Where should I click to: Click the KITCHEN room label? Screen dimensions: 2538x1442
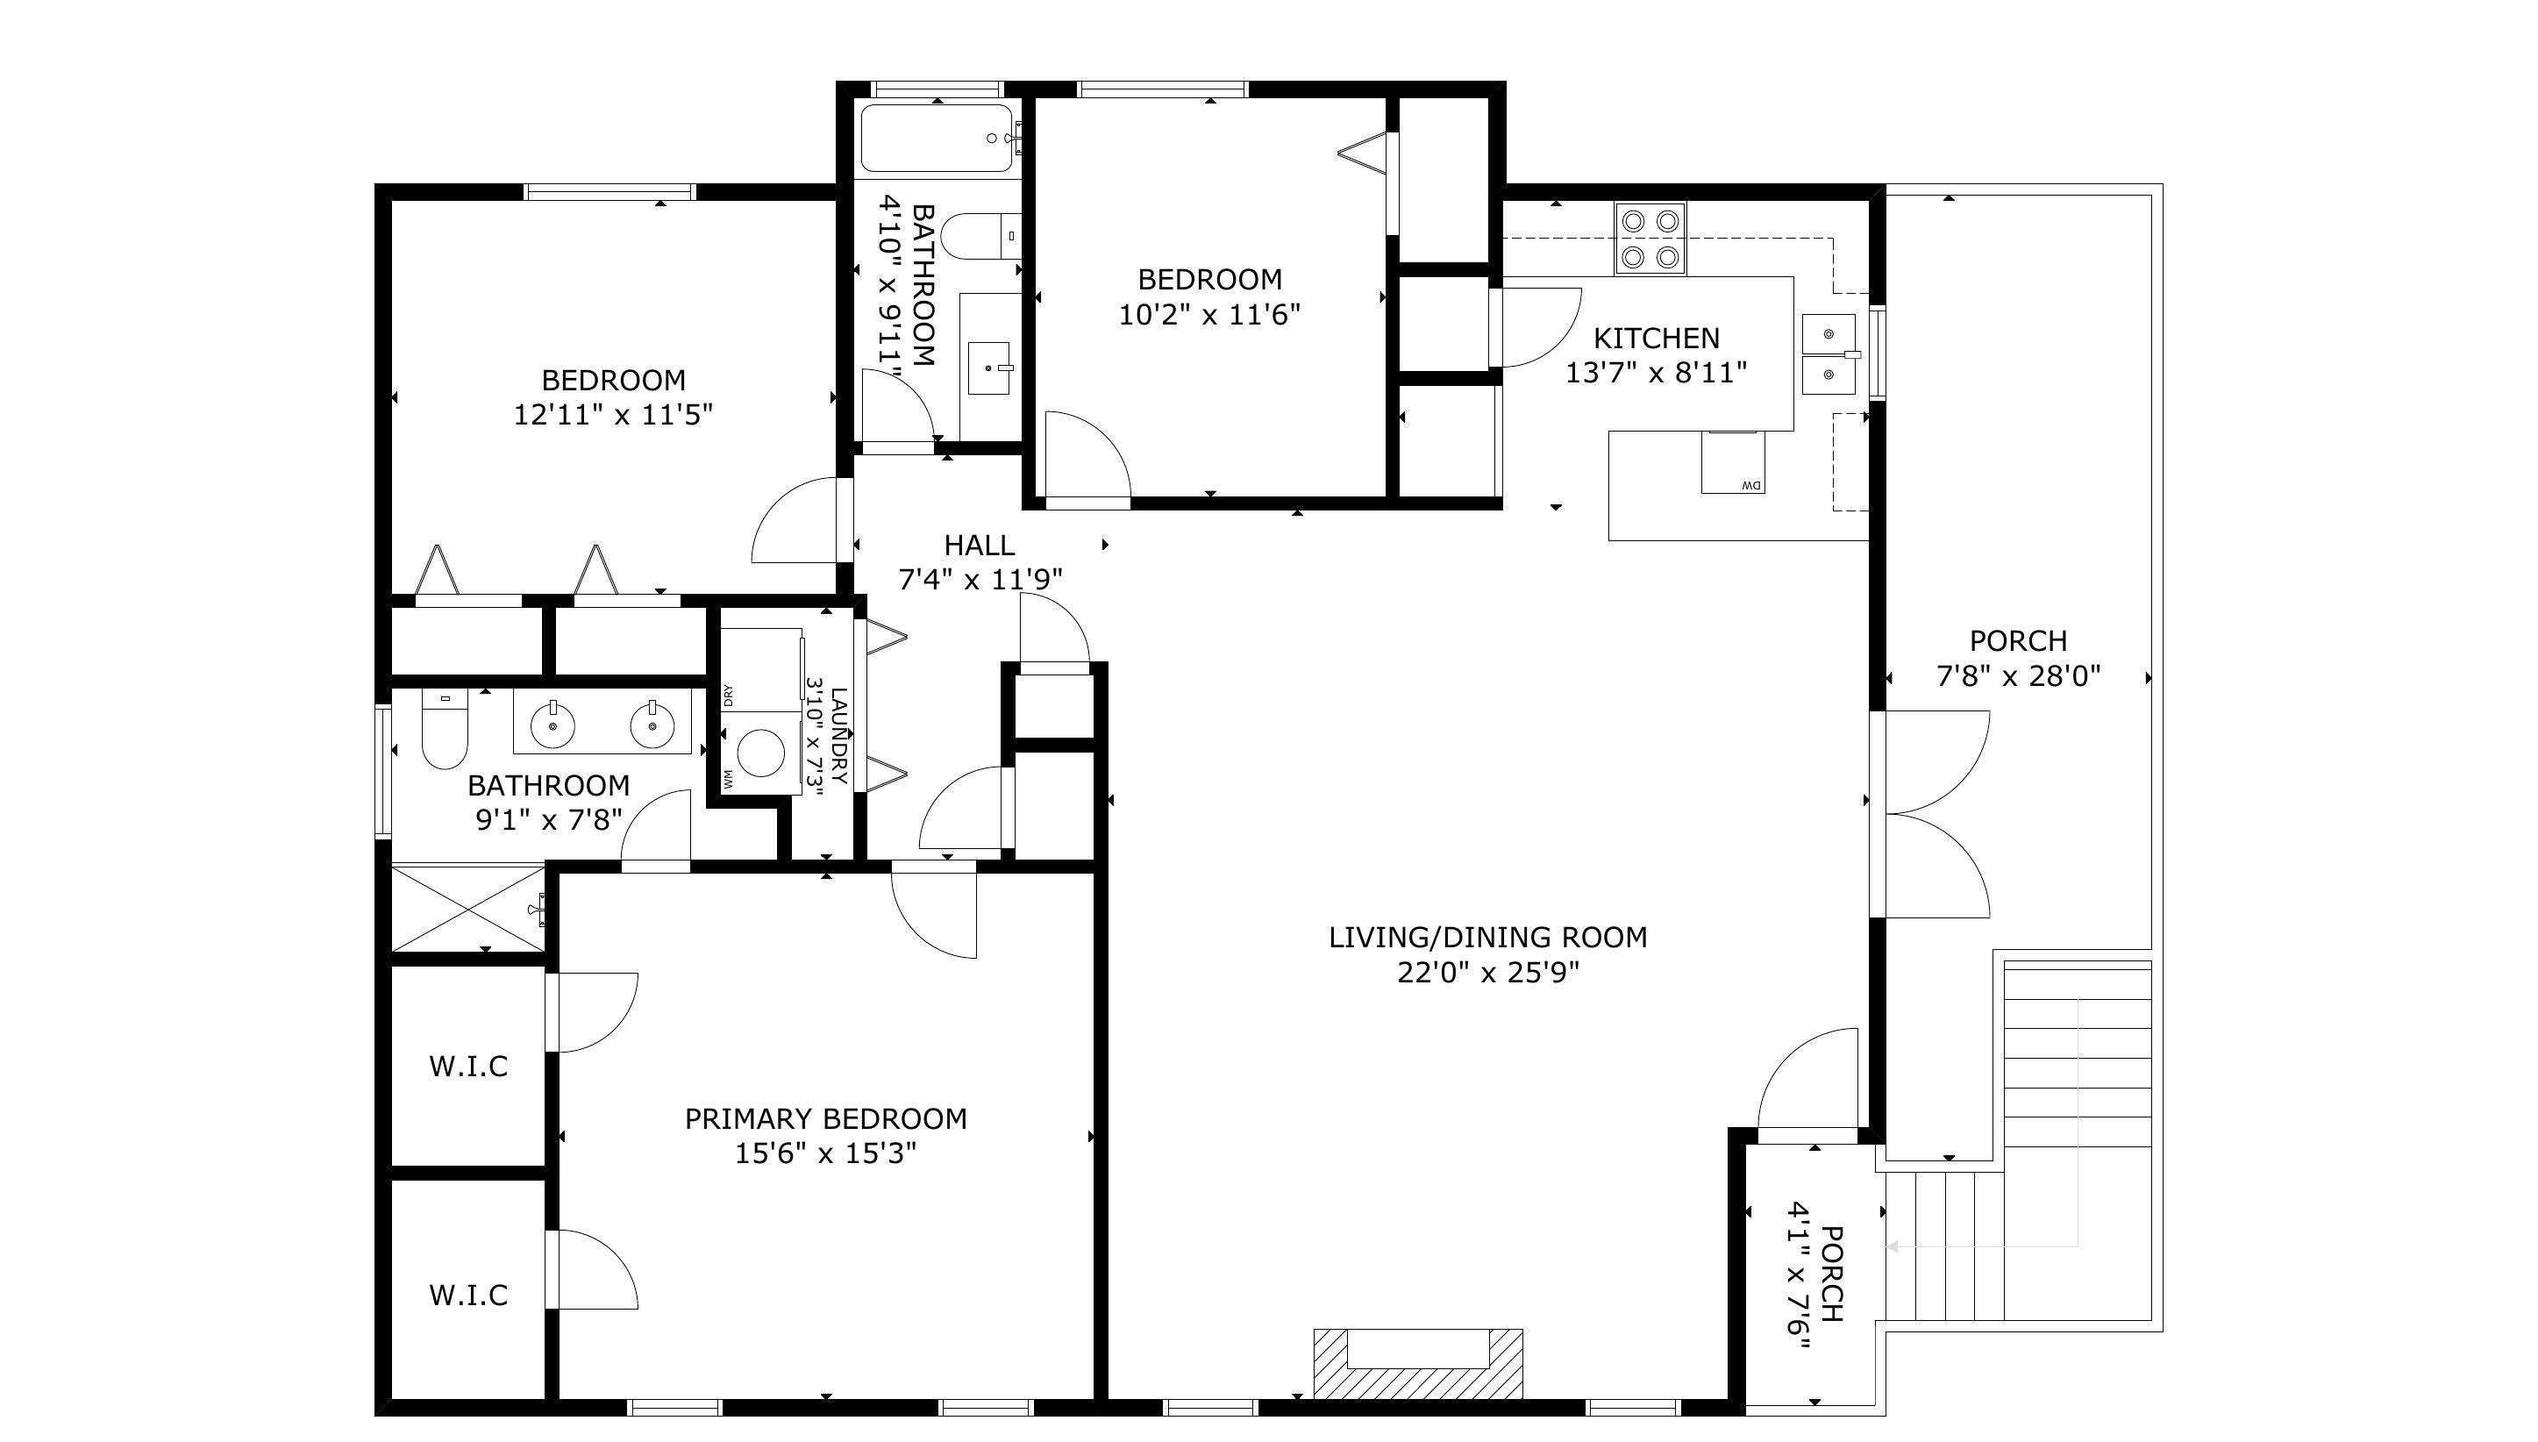coord(1656,339)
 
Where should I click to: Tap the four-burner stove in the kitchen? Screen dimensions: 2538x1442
coord(1650,239)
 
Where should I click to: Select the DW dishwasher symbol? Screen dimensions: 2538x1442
coord(1734,462)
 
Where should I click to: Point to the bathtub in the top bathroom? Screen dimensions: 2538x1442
coord(936,139)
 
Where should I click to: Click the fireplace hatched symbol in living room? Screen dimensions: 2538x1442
coord(1418,1364)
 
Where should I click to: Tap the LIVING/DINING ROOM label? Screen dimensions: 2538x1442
coord(1487,937)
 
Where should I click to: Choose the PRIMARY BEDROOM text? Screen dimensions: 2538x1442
coord(826,1119)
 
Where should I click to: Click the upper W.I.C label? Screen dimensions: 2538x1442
coord(468,1067)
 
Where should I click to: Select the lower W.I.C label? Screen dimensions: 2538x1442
coord(468,1296)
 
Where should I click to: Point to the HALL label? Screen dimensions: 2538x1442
coord(980,546)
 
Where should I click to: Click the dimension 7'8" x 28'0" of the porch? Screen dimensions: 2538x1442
coord(2018,676)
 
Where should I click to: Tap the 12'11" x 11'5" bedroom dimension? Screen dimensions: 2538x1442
coord(613,414)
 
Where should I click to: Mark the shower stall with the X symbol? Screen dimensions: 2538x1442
coord(468,908)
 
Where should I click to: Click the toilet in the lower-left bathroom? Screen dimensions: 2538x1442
coord(445,728)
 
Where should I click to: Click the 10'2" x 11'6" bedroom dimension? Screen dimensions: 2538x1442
coord(1209,315)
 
